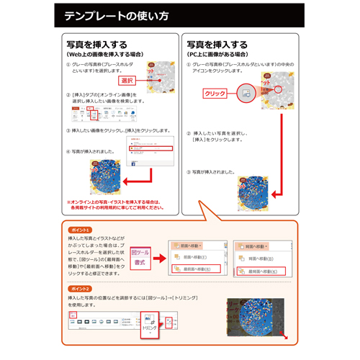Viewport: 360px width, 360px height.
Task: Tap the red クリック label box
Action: point(215,94)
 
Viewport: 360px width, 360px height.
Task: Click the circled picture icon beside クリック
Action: point(246,93)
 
